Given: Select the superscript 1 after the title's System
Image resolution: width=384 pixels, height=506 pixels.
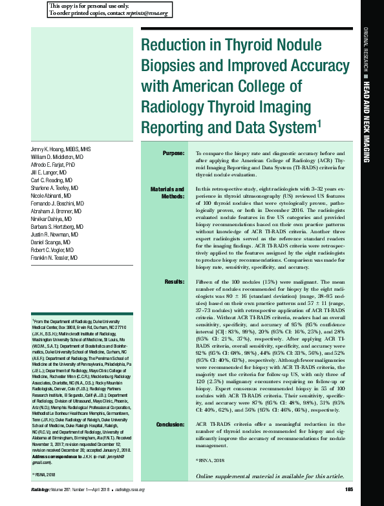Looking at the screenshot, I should pyautogui.click(x=319, y=121).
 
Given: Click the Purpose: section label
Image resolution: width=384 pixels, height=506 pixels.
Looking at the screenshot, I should pyautogui.click(x=173, y=153).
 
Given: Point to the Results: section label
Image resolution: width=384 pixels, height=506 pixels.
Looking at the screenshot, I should pyautogui.click(x=175, y=282).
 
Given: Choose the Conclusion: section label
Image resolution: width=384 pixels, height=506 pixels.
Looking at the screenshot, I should pyautogui.click(x=170, y=424).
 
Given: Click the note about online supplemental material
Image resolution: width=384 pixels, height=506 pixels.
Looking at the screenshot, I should pyautogui.click(x=270, y=476).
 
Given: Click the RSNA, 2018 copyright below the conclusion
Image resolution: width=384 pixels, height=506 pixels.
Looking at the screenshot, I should pyautogui.click(x=208, y=460).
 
